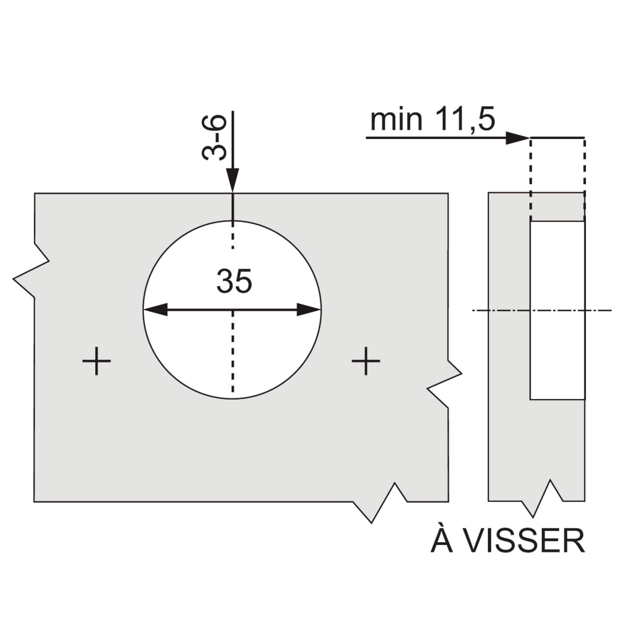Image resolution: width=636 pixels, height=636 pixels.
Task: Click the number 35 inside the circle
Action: [234, 281]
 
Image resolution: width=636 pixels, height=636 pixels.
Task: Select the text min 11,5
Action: [432, 120]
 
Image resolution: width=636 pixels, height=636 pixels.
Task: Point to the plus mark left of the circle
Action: [97, 361]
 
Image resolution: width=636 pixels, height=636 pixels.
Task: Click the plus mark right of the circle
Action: [366, 361]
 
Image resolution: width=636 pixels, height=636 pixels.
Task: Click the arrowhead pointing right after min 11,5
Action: [518, 138]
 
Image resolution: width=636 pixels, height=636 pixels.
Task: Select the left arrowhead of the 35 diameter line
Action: [156, 310]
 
